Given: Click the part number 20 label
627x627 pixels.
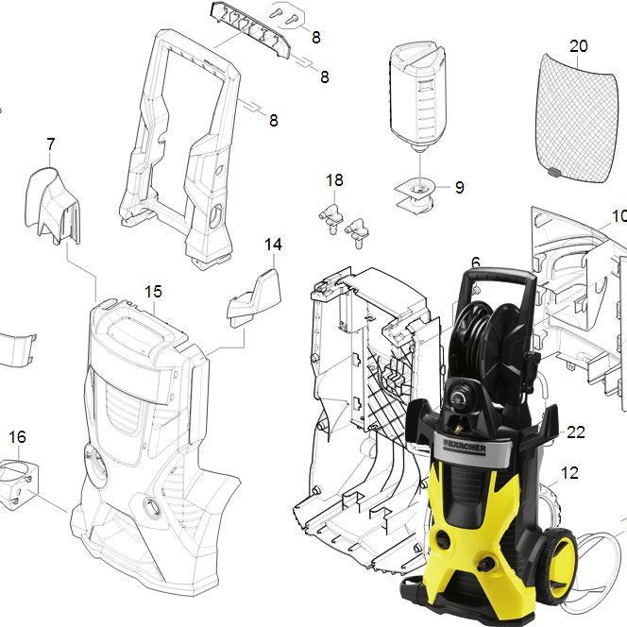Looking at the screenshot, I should (579, 45).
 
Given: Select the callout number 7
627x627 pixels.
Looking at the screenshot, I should (51, 144).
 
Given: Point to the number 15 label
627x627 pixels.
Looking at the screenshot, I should (154, 291).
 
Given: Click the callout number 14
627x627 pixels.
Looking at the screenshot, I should (273, 245).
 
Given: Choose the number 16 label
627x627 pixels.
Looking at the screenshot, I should (18, 436).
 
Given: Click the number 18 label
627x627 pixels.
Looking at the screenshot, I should (335, 180).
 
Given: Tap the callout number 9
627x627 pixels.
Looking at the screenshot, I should (459, 188).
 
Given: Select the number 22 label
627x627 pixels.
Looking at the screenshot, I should (576, 432).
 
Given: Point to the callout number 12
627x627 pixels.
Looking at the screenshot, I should (570, 473).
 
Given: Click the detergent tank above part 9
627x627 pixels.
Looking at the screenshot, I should (416, 94).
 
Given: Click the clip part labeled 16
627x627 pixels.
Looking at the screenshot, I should (20, 482).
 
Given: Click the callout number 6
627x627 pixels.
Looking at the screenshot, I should (476, 263).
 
